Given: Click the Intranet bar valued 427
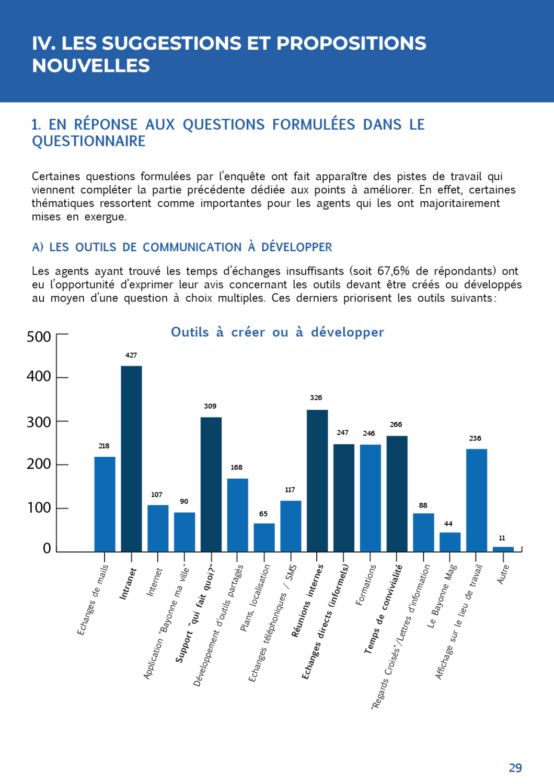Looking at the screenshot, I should coord(131,458).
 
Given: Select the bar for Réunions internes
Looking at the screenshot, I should coord(317,480).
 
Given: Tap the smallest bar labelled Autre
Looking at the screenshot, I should coord(503,549).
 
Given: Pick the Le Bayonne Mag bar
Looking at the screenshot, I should coord(450,541).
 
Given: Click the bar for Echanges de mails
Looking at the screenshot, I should coord(105,504).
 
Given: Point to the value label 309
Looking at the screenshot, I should coord(210,406).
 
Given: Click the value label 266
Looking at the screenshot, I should coord(396,424).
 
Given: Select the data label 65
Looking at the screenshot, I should coord(263,514).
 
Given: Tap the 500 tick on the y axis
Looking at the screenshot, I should coord(39,337).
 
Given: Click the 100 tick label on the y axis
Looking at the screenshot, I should coord(39,508).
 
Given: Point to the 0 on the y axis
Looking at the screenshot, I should coord(47,548).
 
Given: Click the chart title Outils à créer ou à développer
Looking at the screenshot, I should coord(278,332).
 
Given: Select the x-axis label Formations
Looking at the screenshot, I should coord(366,585).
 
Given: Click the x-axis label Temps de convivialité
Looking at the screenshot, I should coord(384,609).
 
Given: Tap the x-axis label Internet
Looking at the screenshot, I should coord(155,582).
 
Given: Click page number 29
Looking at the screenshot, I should coord(515,768).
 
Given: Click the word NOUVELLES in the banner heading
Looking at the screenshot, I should coord(91,66).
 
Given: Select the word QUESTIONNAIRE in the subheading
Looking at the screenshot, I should coord(89,141).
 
